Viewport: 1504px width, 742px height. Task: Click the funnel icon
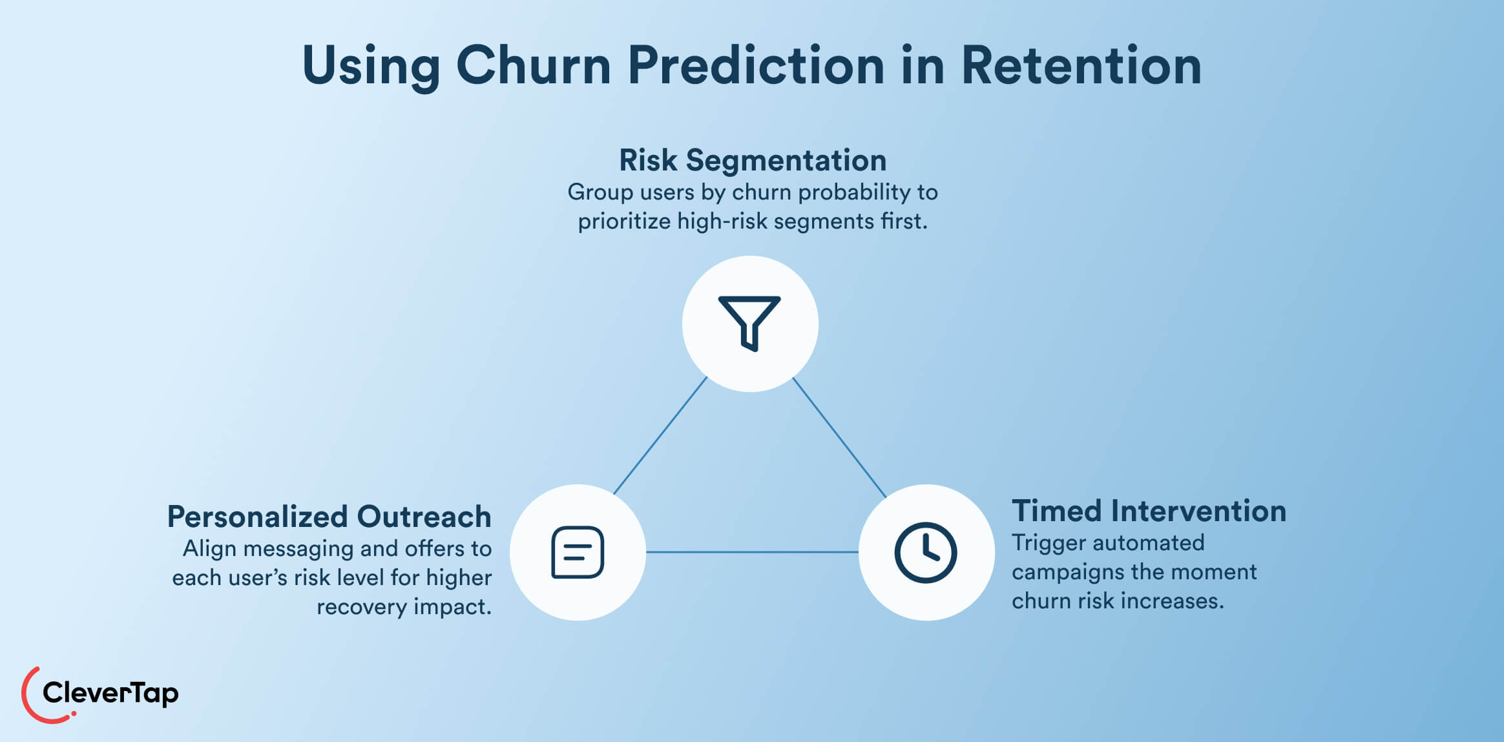tap(749, 323)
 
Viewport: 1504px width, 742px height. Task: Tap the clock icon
tap(926, 553)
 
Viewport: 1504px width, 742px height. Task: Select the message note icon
tap(578, 552)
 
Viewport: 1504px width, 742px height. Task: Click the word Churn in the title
tap(533, 66)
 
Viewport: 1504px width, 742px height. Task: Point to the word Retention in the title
tap(1081, 66)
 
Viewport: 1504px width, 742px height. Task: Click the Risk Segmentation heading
tap(753, 160)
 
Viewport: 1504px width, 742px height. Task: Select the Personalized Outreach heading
tap(329, 517)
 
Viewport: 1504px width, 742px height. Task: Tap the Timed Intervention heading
tap(1149, 511)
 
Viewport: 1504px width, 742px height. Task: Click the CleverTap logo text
tap(110, 694)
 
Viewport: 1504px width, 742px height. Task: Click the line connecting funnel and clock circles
tap(839, 437)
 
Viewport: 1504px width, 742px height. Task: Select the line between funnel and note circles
tap(660, 436)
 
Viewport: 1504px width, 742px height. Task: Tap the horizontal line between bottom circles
tap(752, 552)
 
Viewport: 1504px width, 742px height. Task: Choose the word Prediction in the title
tap(756, 66)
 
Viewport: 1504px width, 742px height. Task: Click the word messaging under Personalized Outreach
tap(298, 549)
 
